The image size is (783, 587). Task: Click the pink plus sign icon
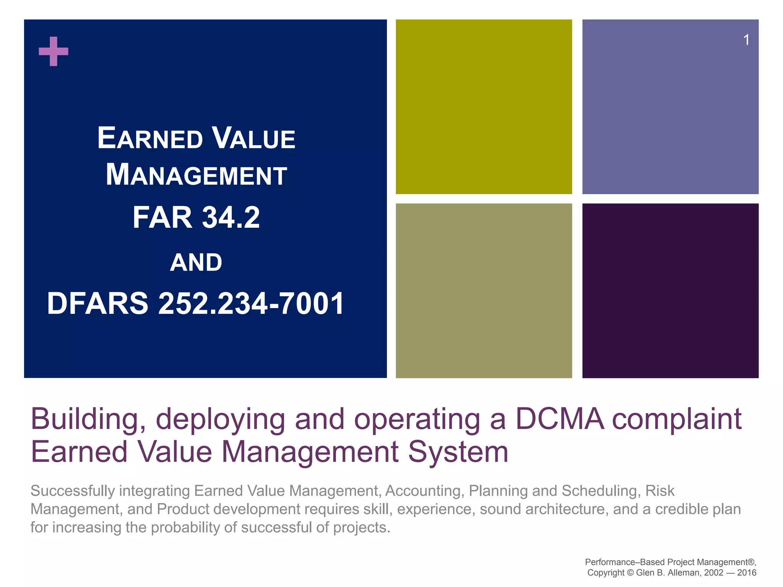point(54,51)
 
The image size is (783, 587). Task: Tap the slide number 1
point(746,40)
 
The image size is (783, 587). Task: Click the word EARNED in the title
point(150,138)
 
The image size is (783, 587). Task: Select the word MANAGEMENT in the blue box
point(196,175)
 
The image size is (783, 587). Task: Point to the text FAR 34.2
point(196,217)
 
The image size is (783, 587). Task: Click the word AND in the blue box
point(196,263)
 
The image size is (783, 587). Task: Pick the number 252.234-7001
point(251,303)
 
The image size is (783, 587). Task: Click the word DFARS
point(98,303)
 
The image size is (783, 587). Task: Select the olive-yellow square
point(484,107)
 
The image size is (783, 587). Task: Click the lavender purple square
point(670,107)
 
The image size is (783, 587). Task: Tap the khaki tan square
point(484,290)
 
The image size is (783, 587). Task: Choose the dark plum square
point(670,290)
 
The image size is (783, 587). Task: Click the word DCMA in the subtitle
point(560,419)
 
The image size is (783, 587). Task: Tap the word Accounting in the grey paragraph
point(425,491)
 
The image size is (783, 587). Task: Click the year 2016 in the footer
point(747,572)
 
